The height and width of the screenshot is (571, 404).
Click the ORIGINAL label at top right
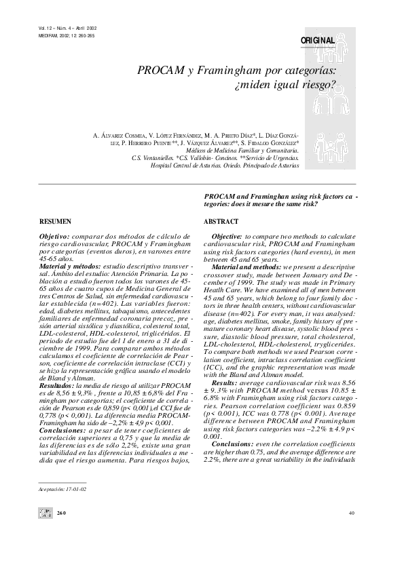pyautogui.click(x=318, y=41)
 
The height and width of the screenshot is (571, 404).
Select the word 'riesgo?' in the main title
pyautogui.click(x=318, y=86)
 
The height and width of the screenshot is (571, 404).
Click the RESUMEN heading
pyautogui.click(x=55, y=222)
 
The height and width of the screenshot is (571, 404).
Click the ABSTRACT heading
pyautogui.click(x=221, y=222)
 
